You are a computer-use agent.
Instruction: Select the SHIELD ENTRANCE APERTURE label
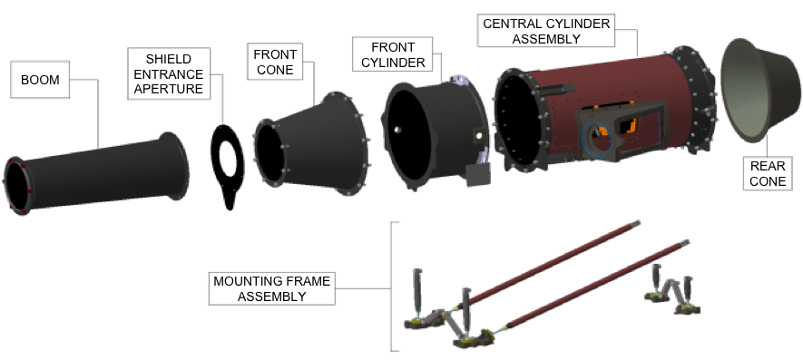pos(169,72)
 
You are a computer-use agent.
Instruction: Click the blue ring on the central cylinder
pos(595,140)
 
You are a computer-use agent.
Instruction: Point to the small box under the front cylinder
pos(475,175)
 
